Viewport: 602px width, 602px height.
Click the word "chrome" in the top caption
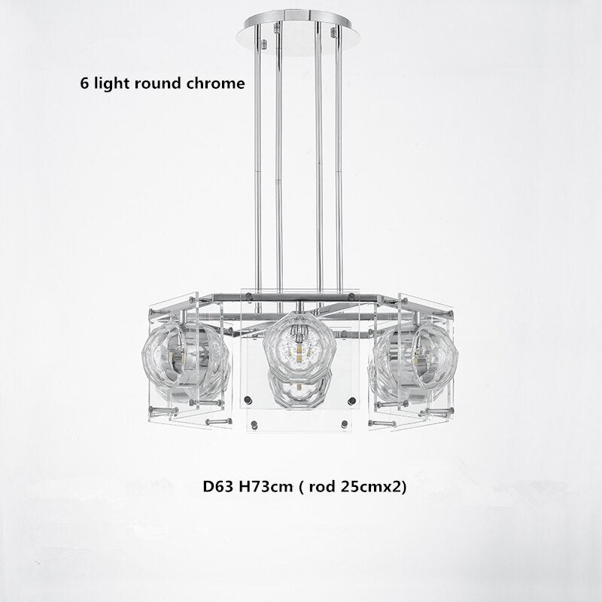(x=212, y=84)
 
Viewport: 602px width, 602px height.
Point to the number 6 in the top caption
(x=84, y=84)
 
